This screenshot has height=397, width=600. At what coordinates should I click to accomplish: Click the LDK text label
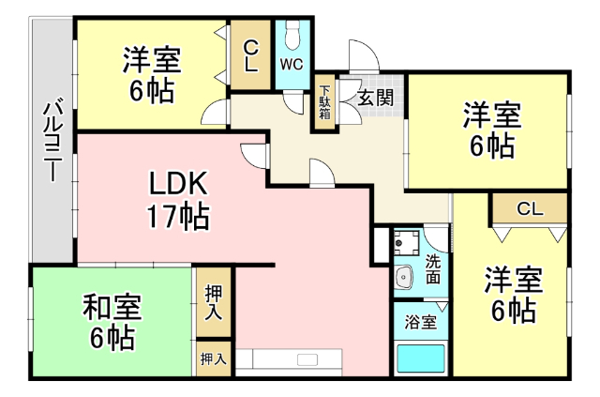[176, 182]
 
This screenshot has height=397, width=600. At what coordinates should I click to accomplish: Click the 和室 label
[111, 305]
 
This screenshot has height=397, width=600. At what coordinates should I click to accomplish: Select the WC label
[291, 66]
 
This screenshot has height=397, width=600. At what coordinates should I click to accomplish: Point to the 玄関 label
[373, 94]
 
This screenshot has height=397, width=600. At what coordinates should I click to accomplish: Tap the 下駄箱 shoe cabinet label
[323, 99]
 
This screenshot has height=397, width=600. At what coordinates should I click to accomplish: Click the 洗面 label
[432, 268]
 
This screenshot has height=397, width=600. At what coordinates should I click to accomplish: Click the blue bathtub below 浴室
[419, 359]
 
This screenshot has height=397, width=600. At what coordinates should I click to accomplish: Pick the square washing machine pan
[408, 244]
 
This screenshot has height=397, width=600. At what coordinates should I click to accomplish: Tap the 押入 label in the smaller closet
[214, 358]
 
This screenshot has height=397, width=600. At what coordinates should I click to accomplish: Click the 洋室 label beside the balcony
[150, 60]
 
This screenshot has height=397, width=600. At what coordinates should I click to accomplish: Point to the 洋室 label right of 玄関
[490, 116]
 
